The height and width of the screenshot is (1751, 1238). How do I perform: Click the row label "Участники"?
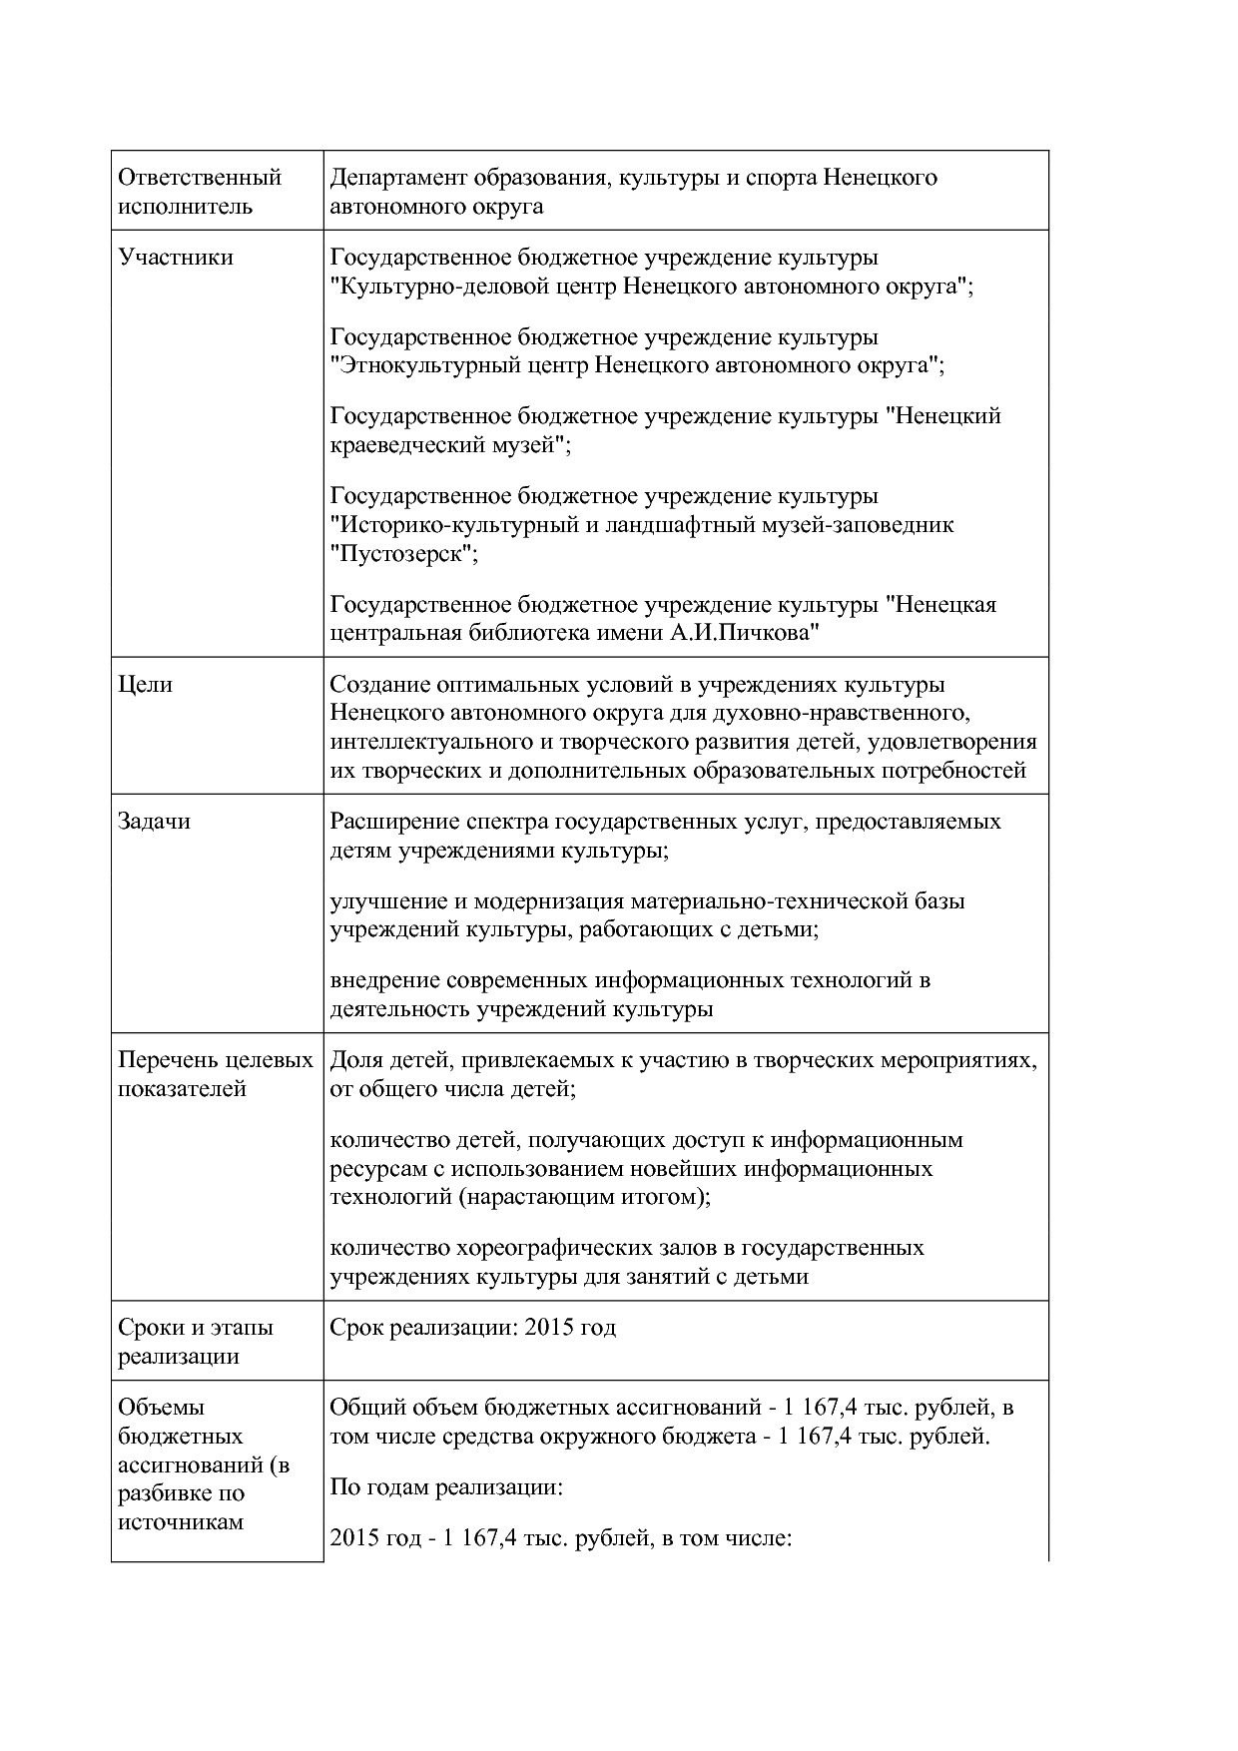pos(176,258)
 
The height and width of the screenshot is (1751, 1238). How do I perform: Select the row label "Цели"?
pos(146,685)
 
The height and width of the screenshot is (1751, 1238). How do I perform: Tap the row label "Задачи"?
pos(154,822)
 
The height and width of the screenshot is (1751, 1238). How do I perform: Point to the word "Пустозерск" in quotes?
pos(404,554)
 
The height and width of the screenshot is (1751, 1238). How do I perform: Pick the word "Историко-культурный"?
pos(453,525)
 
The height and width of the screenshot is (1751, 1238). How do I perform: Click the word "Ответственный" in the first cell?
pos(200,178)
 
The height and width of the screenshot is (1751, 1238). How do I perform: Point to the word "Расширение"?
pos(388,822)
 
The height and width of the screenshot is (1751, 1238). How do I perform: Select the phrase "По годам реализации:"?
pos(447,1487)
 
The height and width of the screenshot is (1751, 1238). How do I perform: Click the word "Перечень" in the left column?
pos(166,1060)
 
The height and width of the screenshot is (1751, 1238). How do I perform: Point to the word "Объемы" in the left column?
pos(161,1408)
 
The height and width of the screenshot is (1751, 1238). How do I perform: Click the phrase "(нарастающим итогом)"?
pos(585,1197)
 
